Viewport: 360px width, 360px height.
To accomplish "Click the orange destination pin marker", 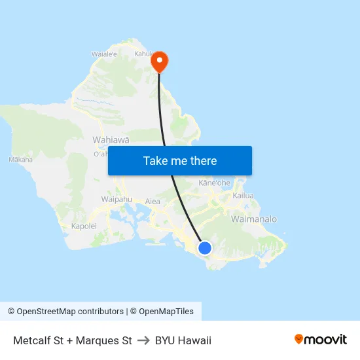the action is [x=159, y=62].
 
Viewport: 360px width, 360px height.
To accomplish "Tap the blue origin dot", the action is [x=205, y=247].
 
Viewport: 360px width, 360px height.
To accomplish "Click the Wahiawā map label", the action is [x=111, y=139].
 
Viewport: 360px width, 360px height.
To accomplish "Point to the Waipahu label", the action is [x=117, y=199].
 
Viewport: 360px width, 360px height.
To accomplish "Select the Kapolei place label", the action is [x=84, y=226].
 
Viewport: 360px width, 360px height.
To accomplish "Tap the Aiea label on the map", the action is [x=153, y=202].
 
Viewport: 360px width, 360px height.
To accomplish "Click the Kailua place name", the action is [x=243, y=196].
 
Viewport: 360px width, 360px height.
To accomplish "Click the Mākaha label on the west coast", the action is [x=20, y=159].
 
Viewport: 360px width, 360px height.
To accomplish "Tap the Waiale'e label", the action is [x=104, y=54].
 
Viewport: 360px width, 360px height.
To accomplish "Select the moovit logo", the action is [x=320, y=340].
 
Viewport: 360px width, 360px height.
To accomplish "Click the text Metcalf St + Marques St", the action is [x=73, y=340].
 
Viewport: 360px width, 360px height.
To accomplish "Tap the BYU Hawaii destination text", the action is [x=183, y=340].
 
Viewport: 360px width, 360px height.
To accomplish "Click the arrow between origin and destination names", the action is [x=143, y=340].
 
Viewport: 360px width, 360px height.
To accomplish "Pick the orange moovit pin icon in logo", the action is [x=298, y=339].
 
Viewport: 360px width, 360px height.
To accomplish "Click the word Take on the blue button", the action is [x=156, y=161].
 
